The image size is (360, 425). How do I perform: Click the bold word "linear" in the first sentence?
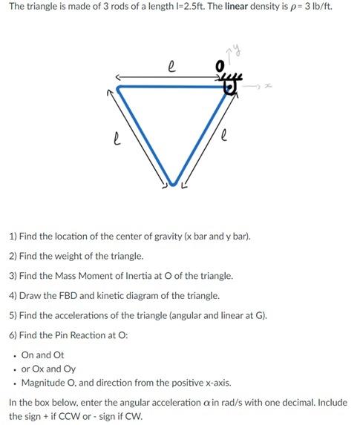click(238, 7)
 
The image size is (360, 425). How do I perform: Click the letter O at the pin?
click(219, 67)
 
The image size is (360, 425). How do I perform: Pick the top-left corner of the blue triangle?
click(120, 87)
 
